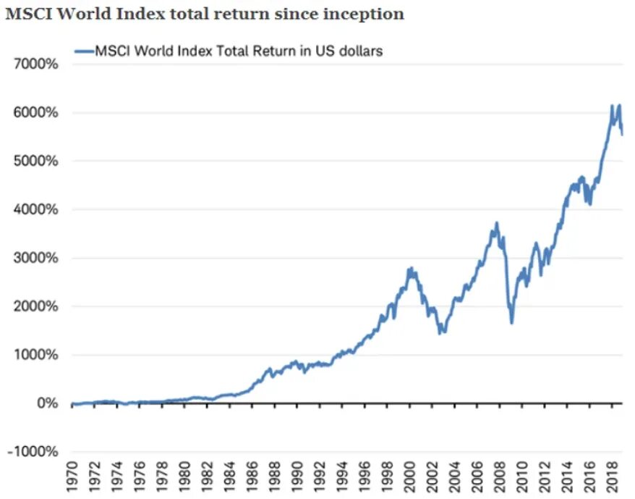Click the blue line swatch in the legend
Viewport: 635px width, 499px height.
tap(85, 51)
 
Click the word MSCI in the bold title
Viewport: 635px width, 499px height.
tap(28, 14)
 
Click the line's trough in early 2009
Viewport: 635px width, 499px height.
tap(511, 323)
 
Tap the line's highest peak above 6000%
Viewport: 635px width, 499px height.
tap(618, 106)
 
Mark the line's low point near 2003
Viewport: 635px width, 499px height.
tap(441, 332)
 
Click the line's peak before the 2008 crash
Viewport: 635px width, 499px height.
tap(495, 223)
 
